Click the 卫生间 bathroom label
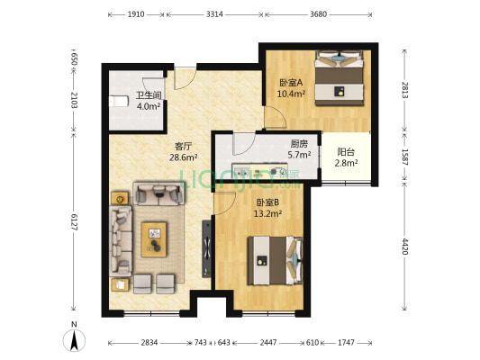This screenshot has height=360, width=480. (x=149, y=94)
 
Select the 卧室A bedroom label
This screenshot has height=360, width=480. (x=289, y=81)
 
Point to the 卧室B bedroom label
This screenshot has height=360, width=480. (x=267, y=202)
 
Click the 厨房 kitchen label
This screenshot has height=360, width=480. (x=300, y=143)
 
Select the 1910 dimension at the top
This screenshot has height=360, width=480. (x=136, y=15)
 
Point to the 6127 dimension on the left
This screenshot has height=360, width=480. (x=74, y=220)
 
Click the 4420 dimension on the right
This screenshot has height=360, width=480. (x=404, y=247)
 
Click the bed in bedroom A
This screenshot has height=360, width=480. (x=340, y=79)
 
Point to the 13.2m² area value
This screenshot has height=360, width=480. (x=267, y=214)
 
